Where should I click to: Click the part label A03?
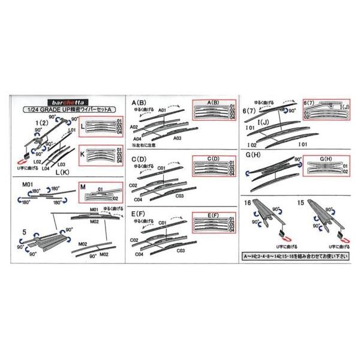[178, 137]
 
